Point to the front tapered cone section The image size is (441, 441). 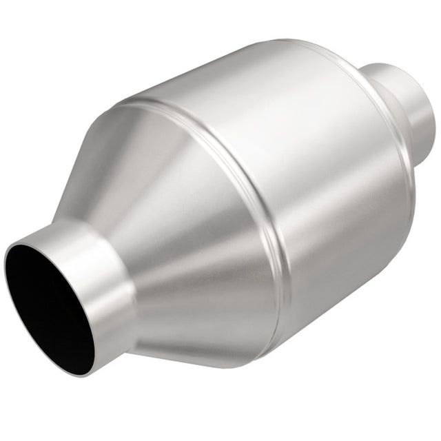pos(179,227)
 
